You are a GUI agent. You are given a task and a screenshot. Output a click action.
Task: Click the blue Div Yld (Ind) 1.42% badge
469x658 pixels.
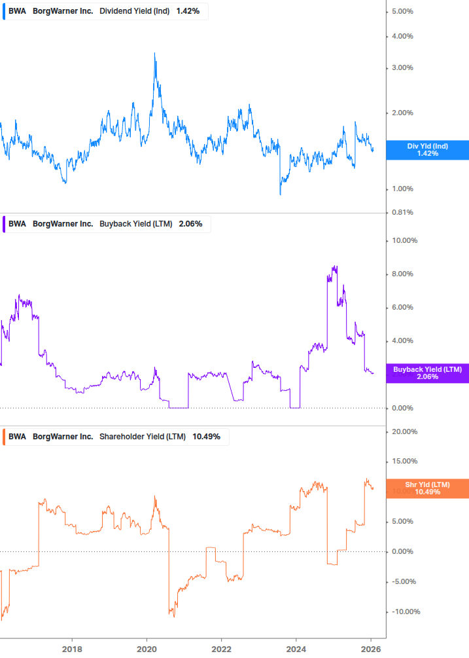click(427, 150)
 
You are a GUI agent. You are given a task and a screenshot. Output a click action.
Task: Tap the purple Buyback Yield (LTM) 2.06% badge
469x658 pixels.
click(427, 373)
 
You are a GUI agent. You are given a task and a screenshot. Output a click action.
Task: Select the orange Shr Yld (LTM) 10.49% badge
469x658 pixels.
click(427, 488)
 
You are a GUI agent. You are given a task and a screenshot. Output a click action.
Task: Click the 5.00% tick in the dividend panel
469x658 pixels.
click(402, 12)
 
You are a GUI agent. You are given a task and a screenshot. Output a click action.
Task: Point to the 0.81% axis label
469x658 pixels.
click(402, 212)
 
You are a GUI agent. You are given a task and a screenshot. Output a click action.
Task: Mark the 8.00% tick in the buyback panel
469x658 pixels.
click(404, 274)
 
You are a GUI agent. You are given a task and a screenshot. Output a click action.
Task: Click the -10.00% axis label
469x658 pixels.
click(403, 612)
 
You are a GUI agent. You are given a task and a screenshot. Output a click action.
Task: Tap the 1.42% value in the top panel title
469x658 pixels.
click(188, 11)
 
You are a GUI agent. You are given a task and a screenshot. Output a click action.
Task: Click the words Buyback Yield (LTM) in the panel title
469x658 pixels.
click(135, 224)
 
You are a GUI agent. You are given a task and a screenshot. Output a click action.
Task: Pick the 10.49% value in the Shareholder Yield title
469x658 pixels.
click(206, 437)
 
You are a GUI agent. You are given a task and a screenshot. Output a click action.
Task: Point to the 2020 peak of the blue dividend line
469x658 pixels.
click(154, 53)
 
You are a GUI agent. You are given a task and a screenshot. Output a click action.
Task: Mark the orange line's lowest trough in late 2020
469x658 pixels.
click(173, 616)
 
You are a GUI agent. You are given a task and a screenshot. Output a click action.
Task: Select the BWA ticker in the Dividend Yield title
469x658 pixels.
click(18, 11)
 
